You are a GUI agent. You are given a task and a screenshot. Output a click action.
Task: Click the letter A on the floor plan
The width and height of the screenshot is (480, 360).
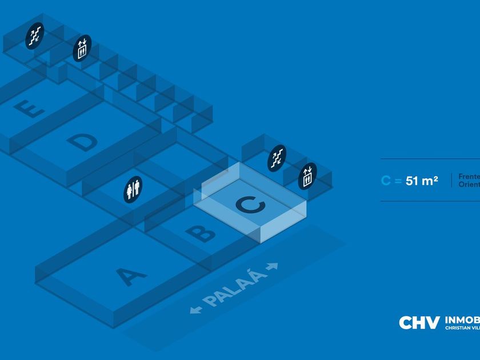pos(132,277)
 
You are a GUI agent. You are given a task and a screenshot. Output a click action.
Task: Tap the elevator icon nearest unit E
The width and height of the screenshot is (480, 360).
pos(82,49)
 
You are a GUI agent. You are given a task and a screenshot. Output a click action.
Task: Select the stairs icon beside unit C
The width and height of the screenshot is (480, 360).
pos(277,158)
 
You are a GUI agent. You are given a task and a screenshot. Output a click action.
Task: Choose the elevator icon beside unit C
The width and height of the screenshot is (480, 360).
pos(307,175)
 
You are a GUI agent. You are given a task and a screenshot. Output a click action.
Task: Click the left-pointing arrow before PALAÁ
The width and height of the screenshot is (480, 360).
pos(196,310)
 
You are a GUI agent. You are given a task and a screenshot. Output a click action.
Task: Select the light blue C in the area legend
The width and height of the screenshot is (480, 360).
pos(386,181)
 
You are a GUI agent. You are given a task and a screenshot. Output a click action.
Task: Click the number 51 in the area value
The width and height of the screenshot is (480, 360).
pos(413,181)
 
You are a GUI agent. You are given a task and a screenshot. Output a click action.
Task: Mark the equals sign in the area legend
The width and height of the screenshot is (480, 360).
pos(398,181)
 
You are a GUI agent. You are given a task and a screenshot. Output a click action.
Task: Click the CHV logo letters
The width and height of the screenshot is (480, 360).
pos(419,323)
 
